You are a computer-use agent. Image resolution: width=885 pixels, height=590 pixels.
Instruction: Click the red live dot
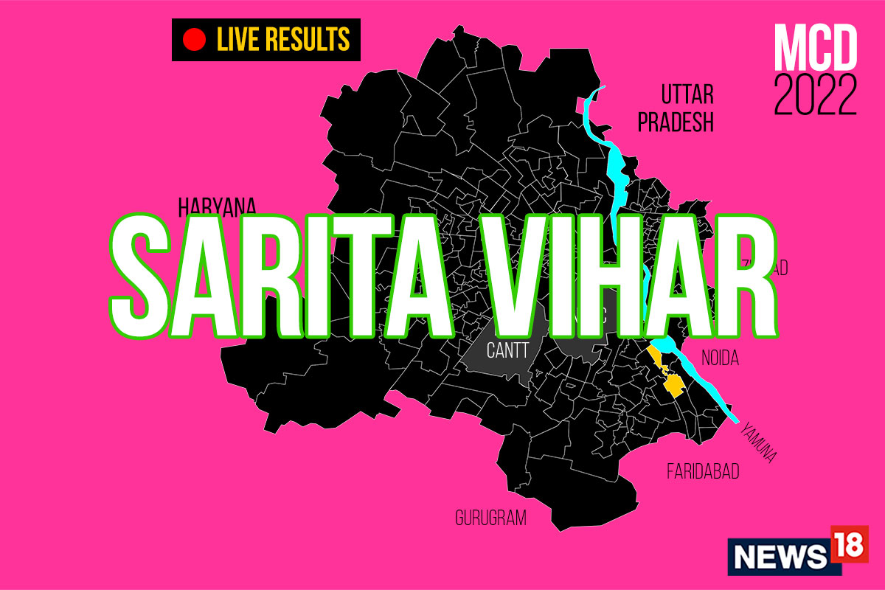[194, 40]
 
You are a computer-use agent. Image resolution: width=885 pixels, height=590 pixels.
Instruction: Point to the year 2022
[816, 97]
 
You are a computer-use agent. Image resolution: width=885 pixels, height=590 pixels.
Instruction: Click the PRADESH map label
[676, 122]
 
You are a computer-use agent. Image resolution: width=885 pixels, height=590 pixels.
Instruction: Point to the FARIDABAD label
[703, 471]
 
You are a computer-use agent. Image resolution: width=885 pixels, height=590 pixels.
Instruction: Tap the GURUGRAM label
[490, 518]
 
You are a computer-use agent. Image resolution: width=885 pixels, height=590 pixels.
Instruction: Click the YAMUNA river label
[759, 442]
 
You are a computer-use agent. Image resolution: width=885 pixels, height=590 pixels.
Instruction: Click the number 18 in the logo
[848, 544]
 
